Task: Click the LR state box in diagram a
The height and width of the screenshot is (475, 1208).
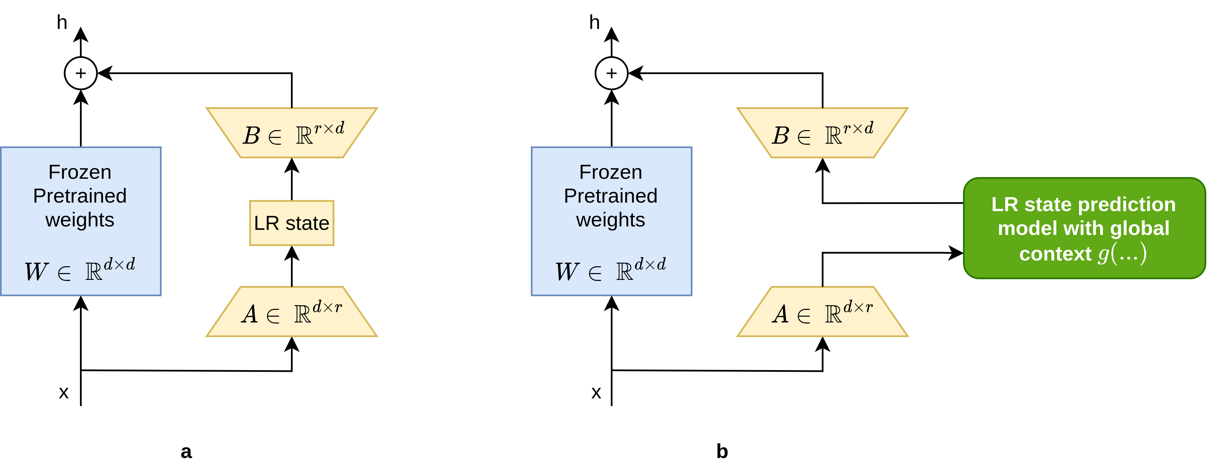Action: pyautogui.click(x=291, y=223)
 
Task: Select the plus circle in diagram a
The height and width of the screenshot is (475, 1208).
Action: pyautogui.click(x=81, y=73)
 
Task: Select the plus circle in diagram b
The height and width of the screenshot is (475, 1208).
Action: pyautogui.click(x=611, y=73)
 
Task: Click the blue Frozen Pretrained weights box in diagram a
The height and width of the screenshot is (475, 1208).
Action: pyautogui.click(x=81, y=221)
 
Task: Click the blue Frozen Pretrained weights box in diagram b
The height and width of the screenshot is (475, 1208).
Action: pyautogui.click(x=611, y=221)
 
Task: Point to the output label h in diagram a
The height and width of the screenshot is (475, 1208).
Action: pyautogui.click(x=62, y=22)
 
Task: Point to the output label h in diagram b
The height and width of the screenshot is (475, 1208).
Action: pyautogui.click(x=594, y=22)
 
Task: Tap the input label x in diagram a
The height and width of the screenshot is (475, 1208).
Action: pyautogui.click(x=64, y=392)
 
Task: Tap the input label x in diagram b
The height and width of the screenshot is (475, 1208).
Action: pyautogui.click(x=596, y=392)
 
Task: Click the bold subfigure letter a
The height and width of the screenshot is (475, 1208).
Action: pyautogui.click(x=186, y=452)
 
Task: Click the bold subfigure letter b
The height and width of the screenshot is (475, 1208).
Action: pyautogui.click(x=722, y=452)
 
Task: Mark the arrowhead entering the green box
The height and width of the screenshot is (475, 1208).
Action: pyautogui.click(x=956, y=253)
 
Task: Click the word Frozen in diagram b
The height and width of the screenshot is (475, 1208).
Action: pyautogui.click(x=610, y=172)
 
